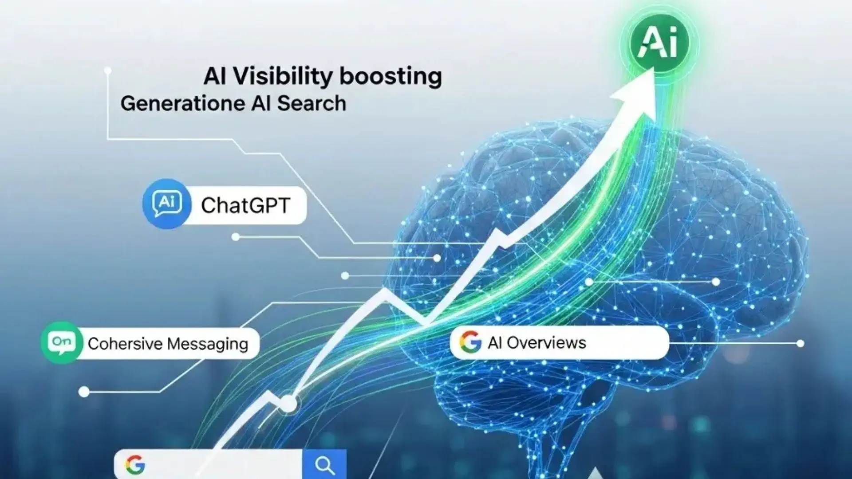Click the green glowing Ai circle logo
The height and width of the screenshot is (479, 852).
[659, 43]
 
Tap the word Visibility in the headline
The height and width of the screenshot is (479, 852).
[282, 76]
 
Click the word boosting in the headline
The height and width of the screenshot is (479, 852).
[390, 76]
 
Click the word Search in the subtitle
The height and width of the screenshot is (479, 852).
[312, 103]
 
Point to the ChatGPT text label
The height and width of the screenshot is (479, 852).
[245, 205]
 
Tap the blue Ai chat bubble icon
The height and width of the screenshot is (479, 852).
[167, 204]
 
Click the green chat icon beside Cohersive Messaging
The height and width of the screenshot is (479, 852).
[62, 343]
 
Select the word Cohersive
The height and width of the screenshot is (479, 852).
[125, 344]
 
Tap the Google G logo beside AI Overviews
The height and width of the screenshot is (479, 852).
[470, 342]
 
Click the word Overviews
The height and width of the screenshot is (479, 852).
[546, 343]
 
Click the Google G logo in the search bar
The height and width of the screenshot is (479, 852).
[135, 465]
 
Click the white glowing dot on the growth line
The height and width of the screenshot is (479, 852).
[289, 404]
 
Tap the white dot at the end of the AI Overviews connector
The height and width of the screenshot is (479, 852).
[800, 343]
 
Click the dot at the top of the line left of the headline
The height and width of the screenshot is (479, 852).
[107, 71]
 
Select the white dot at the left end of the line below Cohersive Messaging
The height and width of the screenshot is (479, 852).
[84, 392]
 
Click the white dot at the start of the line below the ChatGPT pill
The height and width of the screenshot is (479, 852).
[236, 237]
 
